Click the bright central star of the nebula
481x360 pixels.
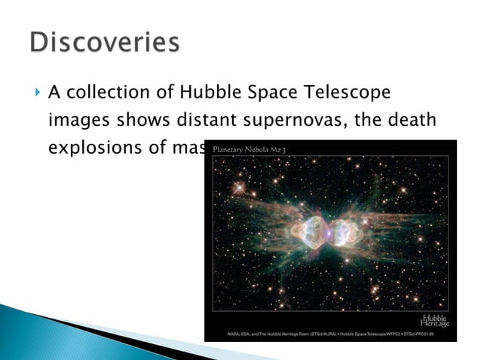332,230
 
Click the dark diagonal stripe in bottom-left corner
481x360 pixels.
113,331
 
